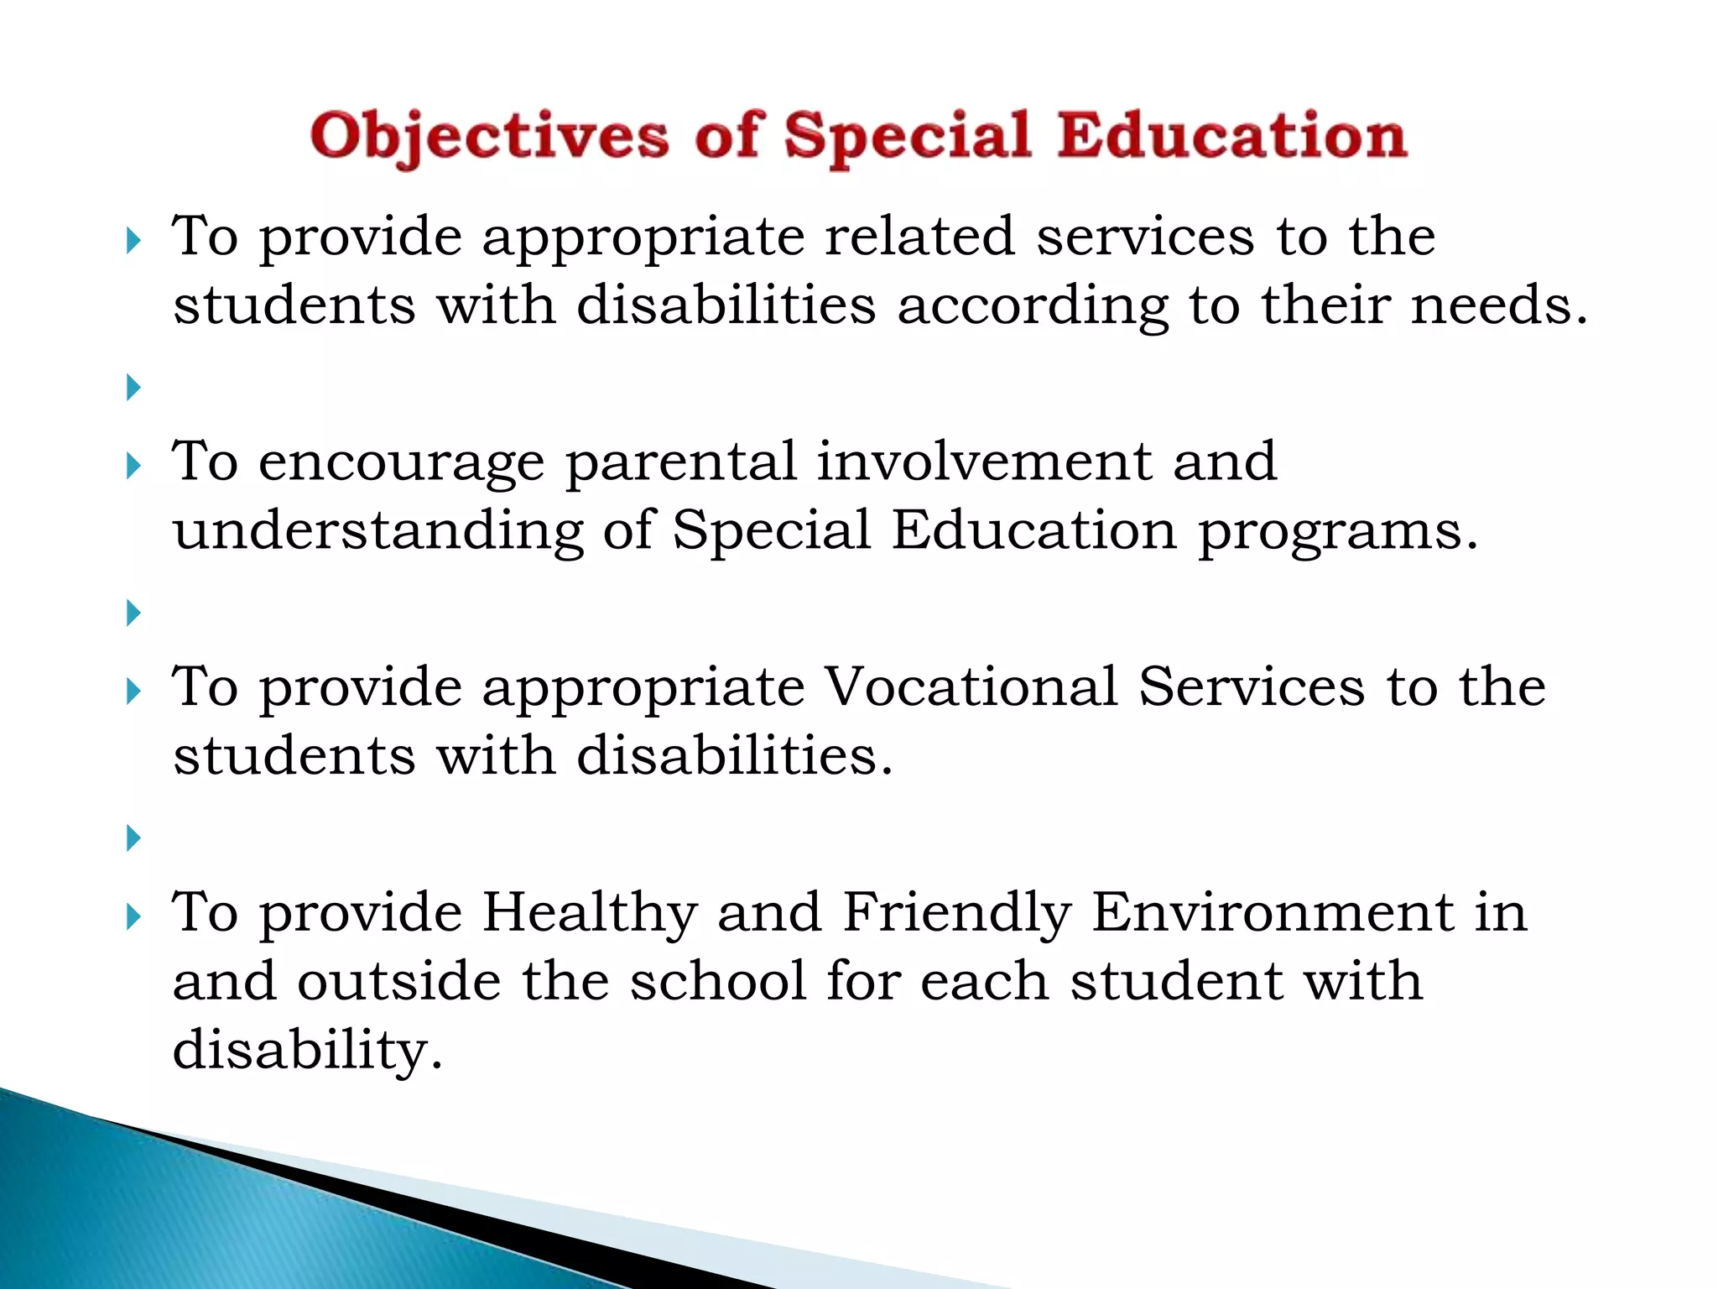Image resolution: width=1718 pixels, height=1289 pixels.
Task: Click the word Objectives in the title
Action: pyautogui.click(x=489, y=137)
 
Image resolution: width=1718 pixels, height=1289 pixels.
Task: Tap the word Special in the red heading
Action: pyautogui.click(x=908, y=137)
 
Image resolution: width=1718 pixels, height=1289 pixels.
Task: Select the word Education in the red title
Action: pyautogui.click(x=1231, y=137)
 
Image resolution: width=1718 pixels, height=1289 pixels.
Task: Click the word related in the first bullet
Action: pyautogui.click(x=919, y=237)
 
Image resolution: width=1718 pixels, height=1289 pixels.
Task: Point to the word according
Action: pyautogui.click(x=1033, y=306)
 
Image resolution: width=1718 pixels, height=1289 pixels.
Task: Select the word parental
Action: pyautogui.click(x=680, y=462)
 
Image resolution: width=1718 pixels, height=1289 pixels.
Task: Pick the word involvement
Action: pyautogui.click(x=984, y=462)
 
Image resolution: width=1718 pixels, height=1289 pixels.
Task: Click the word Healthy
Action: pyautogui.click(x=589, y=914)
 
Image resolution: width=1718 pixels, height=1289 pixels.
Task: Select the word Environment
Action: pyautogui.click(x=1273, y=912)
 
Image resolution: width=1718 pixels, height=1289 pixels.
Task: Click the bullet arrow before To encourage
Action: pyautogui.click(x=133, y=466)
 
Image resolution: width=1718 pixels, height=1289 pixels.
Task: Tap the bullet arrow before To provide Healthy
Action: pyautogui.click(x=133, y=917)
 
